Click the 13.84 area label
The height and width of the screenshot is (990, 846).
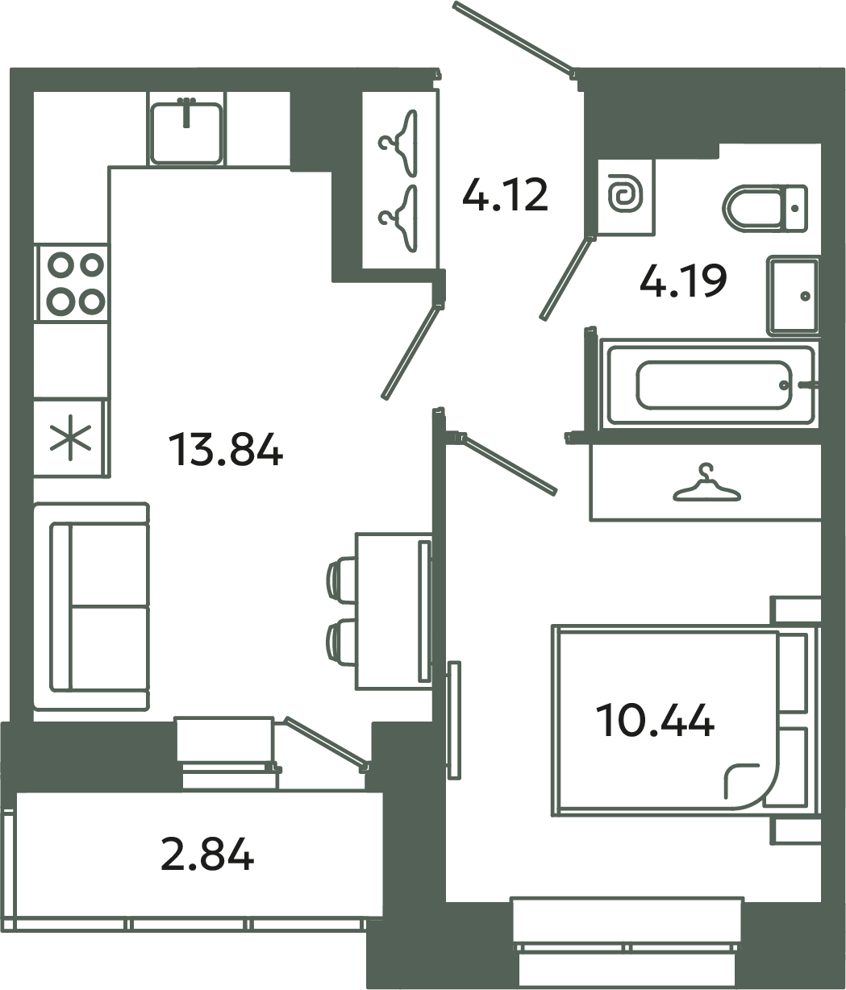225,450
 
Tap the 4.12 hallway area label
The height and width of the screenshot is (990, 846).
505,195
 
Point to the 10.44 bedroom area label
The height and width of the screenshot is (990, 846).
654,720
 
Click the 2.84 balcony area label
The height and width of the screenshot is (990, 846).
207,855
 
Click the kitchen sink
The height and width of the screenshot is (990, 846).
186,131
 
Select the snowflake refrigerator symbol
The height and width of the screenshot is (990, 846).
70,439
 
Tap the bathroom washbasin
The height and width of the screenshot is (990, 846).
793,295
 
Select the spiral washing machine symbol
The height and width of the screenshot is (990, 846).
625,196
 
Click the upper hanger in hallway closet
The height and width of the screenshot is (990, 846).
400,141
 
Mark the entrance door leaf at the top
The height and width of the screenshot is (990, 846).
513,36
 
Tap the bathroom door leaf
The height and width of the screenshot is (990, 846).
567,277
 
